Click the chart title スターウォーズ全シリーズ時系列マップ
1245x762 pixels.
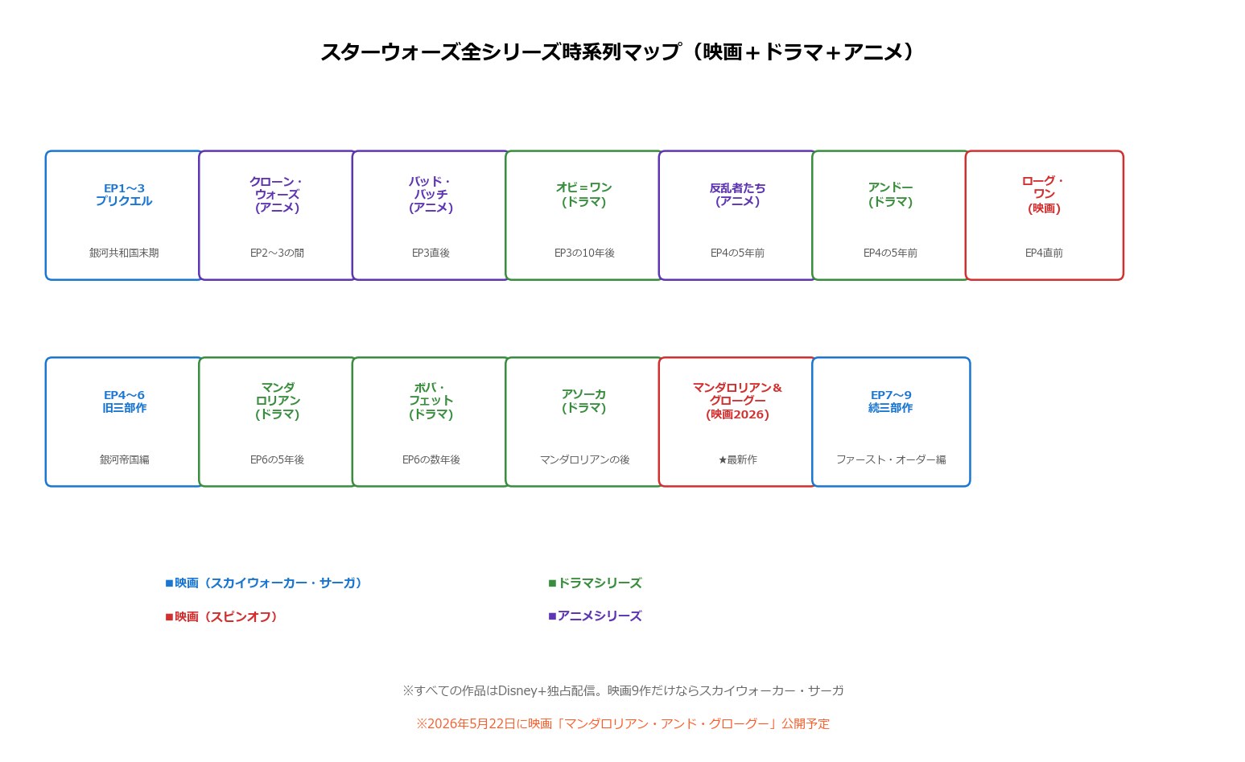point(501,52)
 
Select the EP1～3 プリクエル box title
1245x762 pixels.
point(124,195)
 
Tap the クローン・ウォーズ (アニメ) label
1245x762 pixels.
point(278,195)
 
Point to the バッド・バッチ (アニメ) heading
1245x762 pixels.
point(431,195)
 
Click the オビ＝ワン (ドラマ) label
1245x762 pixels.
point(584,195)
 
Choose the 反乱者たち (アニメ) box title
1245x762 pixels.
point(737,195)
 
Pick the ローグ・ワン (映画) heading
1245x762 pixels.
point(1044,195)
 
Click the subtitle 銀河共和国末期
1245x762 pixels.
point(124,253)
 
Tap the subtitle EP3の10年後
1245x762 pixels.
point(584,253)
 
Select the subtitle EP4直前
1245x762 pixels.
point(1044,253)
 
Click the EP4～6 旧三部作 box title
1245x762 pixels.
point(124,402)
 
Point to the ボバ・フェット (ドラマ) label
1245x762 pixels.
point(431,401)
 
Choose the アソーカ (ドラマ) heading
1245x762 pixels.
point(584,401)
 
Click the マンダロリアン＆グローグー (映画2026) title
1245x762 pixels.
point(737,401)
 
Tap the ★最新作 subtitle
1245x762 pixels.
point(737,459)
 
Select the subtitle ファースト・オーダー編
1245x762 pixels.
point(891,459)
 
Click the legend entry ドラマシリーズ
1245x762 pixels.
point(595,583)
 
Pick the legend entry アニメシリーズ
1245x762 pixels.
point(595,616)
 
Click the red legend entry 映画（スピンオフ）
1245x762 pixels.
point(221,617)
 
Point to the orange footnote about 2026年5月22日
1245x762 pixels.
point(623,723)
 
